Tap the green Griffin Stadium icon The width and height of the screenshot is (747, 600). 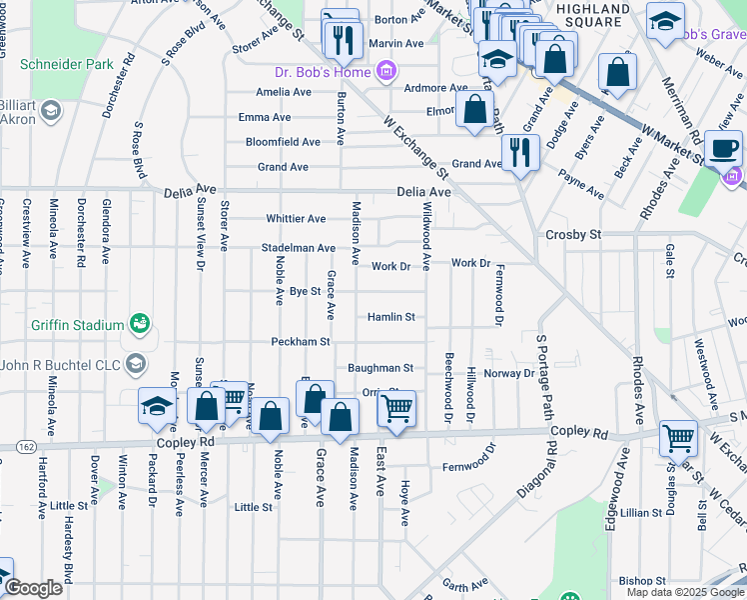pyautogui.click(x=141, y=324)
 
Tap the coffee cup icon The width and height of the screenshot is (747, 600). pyautogui.click(x=723, y=150)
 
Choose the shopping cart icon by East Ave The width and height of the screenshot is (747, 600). pyautogui.click(x=397, y=409)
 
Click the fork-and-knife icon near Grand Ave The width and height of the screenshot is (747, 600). pyautogui.click(x=519, y=153)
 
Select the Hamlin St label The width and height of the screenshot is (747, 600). pyautogui.click(x=390, y=317)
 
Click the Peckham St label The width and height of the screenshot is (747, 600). pyautogui.click(x=301, y=342)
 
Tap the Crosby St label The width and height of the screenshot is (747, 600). pyautogui.click(x=572, y=234)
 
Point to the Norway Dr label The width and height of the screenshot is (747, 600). pyautogui.click(x=509, y=373)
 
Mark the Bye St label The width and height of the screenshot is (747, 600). pyautogui.click(x=305, y=291)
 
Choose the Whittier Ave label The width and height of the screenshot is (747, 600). pyautogui.click(x=296, y=219)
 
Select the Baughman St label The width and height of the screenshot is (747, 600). pyautogui.click(x=380, y=368)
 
